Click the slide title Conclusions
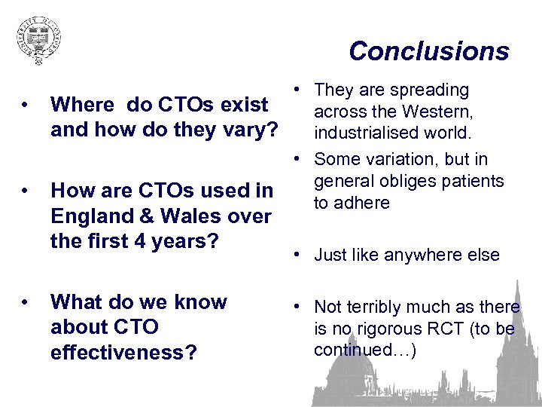pyautogui.click(x=429, y=51)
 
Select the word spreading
pyautogui.click(x=430, y=90)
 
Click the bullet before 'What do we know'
pyautogui.click(x=26, y=302)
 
